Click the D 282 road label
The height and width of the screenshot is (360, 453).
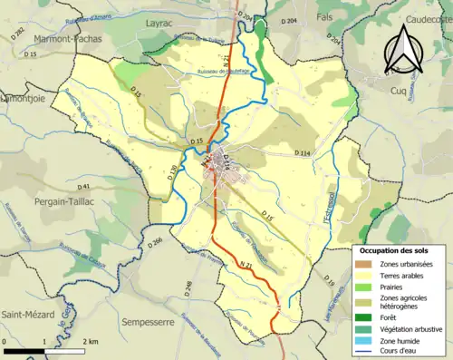tap(18, 32)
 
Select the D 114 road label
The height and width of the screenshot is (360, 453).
tap(304, 154)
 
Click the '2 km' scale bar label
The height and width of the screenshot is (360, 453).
tap(91, 341)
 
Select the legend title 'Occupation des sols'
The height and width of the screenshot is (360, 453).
tap(395, 249)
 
